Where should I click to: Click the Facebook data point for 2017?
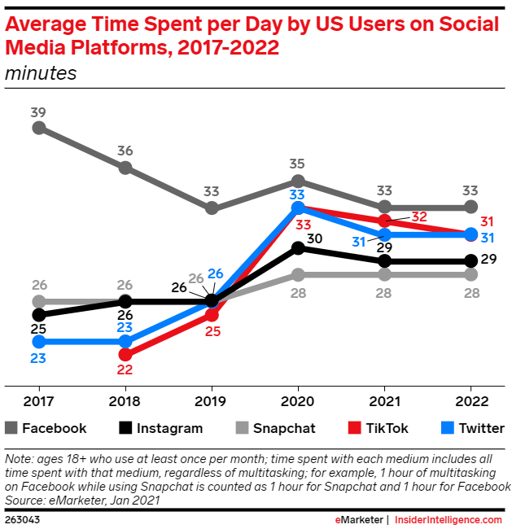tap(38, 128)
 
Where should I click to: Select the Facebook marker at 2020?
tap(298, 181)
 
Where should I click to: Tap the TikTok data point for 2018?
tap(125, 354)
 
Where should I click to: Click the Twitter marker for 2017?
tap(38, 342)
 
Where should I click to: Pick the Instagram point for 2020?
tap(298, 248)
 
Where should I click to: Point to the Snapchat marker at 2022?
tap(470, 274)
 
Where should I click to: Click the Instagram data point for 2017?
tap(38, 314)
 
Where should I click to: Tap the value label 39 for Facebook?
tap(38, 111)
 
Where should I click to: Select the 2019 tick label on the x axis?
tap(212, 401)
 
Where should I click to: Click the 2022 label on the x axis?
tap(471, 401)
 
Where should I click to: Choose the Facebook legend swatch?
tap(11, 428)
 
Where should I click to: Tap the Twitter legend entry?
tap(471, 428)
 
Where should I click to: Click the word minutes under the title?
tap(41, 73)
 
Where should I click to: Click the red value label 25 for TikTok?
tap(212, 332)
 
